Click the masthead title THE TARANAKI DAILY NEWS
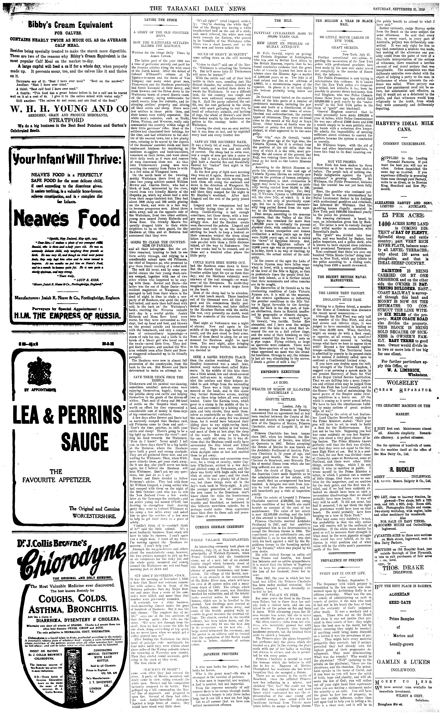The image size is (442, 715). [197, 9]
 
